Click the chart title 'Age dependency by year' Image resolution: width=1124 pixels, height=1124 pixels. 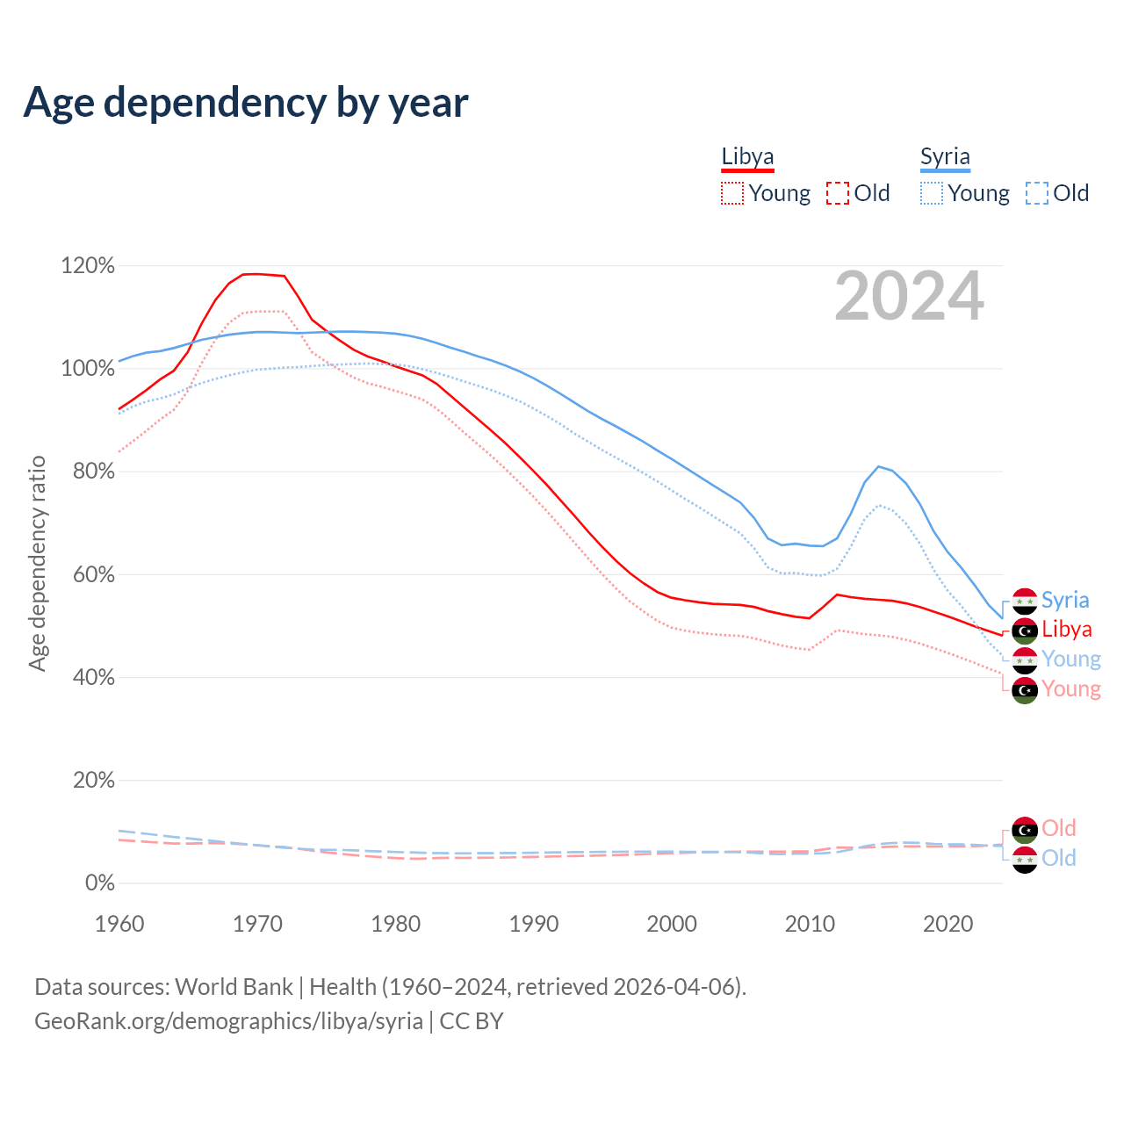[246, 103]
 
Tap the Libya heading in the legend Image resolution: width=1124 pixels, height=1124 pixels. [747, 156]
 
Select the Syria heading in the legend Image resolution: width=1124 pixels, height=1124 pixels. [945, 156]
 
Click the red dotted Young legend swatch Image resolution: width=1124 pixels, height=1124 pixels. [732, 193]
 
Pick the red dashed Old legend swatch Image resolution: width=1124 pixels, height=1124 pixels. [838, 193]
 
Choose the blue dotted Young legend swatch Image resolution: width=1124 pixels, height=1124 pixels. [932, 193]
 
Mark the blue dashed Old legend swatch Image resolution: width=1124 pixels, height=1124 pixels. [1037, 193]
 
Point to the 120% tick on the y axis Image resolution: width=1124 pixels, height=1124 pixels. [88, 265]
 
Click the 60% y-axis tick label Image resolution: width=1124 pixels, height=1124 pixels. [91, 574]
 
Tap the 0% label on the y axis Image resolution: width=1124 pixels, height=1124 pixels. [99, 883]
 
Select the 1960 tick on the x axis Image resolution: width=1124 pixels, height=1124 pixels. [119, 924]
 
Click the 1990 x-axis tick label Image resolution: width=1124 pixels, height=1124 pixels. [534, 924]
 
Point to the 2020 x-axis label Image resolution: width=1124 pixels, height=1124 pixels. [948, 924]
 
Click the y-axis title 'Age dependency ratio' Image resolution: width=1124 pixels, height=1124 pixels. [37, 563]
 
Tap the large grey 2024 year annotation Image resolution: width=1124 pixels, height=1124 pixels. [909, 296]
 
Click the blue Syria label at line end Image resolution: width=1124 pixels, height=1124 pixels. [1065, 601]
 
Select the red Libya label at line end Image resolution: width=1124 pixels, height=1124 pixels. [1067, 630]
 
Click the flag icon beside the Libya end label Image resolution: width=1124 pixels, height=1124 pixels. [1025, 630]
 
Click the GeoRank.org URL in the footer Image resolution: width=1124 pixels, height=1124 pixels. [228, 1021]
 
